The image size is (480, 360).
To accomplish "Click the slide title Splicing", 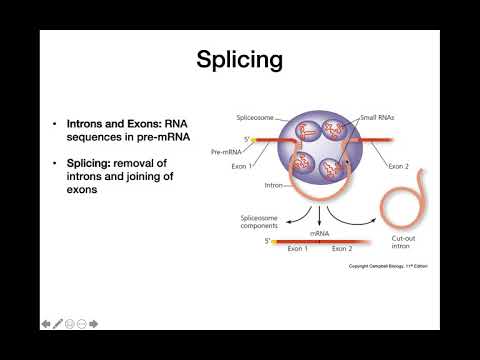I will click(x=239, y=59).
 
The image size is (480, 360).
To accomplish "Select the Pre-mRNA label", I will click(x=226, y=152).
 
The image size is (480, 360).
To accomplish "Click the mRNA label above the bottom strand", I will click(x=320, y=231).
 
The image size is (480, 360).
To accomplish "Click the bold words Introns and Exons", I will click(x=107, y=124).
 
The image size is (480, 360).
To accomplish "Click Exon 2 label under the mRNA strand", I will click(x=342, y=248).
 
